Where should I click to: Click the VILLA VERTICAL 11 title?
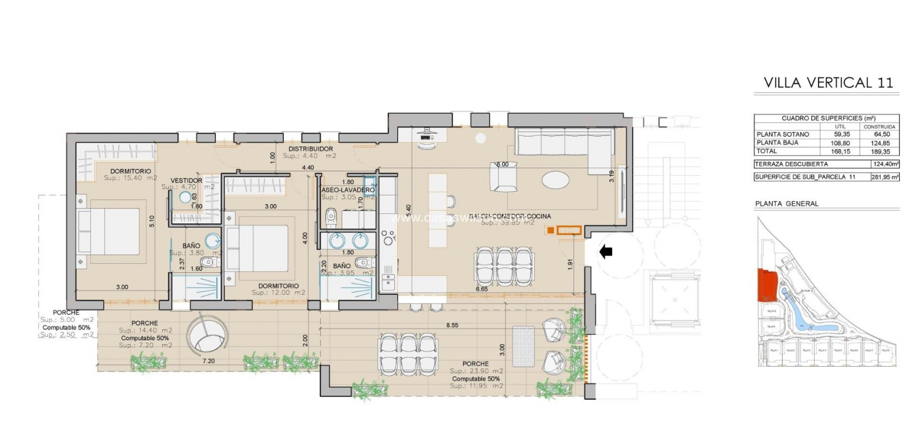point(828,83)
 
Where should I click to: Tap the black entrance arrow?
point(605,252)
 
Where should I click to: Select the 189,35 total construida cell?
point(879,151)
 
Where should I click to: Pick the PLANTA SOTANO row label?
point(783,135)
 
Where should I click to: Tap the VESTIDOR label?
point(186,180)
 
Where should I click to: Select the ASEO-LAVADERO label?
point(348,190)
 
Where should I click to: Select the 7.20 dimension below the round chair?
point(208,361)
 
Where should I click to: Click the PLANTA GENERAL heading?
point(787,204)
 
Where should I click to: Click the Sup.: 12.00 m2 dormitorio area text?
point(278,293)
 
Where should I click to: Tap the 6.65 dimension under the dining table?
point(481,289)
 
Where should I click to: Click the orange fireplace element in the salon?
point(567,230)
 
